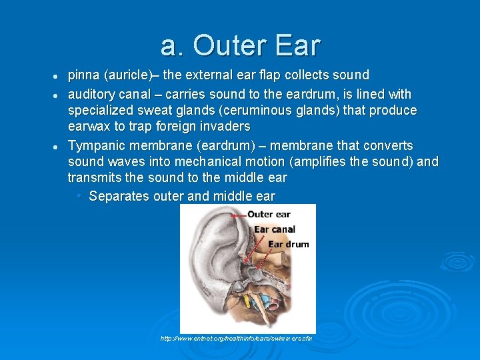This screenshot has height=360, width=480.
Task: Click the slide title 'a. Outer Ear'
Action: pyautogui.click(x=240, y=45)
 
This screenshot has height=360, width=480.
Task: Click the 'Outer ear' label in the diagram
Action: pyautogui.click(x=269, y=214)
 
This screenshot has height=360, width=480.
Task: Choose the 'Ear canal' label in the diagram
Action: pyautogui.click(x=274, y=229)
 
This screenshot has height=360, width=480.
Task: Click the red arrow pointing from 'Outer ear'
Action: pyautogui.click(x=238, y=215)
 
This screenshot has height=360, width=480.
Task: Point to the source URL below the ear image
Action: pyautogui.click(x=236, y=339)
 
